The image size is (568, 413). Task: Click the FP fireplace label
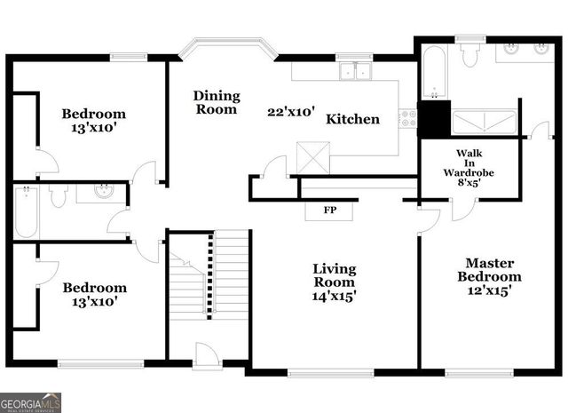point(328,211)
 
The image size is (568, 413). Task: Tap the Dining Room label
point(216,103)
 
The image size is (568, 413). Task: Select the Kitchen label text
point(352,119)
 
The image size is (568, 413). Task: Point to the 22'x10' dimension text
point(291,112)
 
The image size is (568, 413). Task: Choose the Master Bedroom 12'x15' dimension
point(488,290)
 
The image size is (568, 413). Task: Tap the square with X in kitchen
point(312,158)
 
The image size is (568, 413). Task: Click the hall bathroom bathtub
point(26,211)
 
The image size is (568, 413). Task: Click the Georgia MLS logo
point(31,402)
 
